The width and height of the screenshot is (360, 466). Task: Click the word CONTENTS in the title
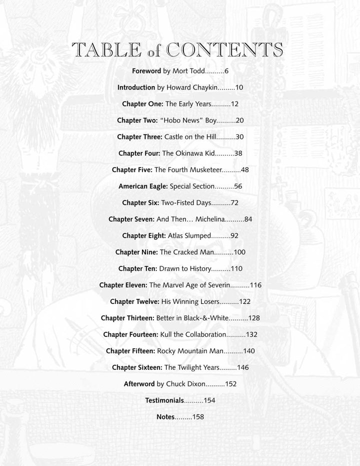[224, 50]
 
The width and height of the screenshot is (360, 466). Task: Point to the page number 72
[233, 203]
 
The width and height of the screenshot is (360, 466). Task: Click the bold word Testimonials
[164, 400]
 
